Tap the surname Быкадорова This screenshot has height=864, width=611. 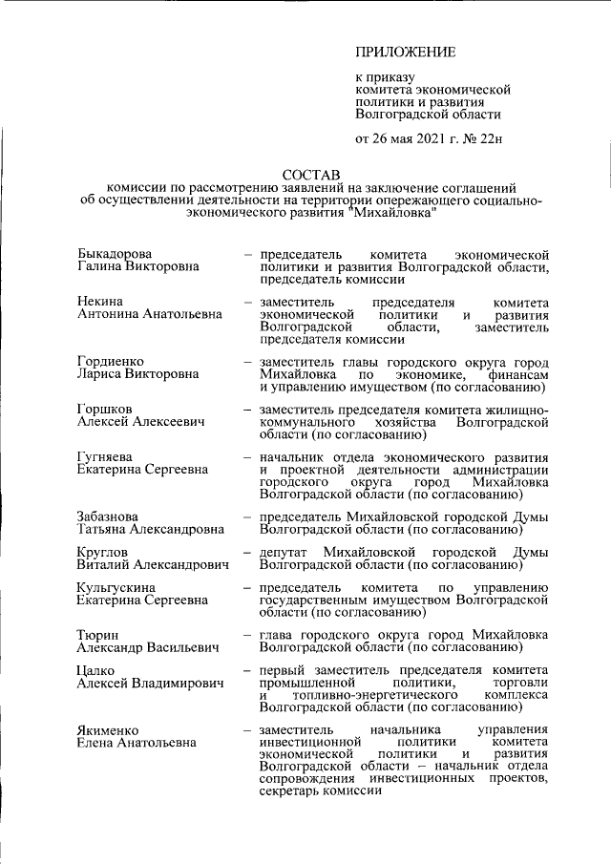click(x=114, y=255)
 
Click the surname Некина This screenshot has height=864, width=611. click(x=99, y=302)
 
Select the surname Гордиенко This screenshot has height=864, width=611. click(x=111, y=363)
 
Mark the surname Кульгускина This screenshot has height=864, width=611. click(x=119, y=586)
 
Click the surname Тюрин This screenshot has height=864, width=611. click(x=97, y=635)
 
